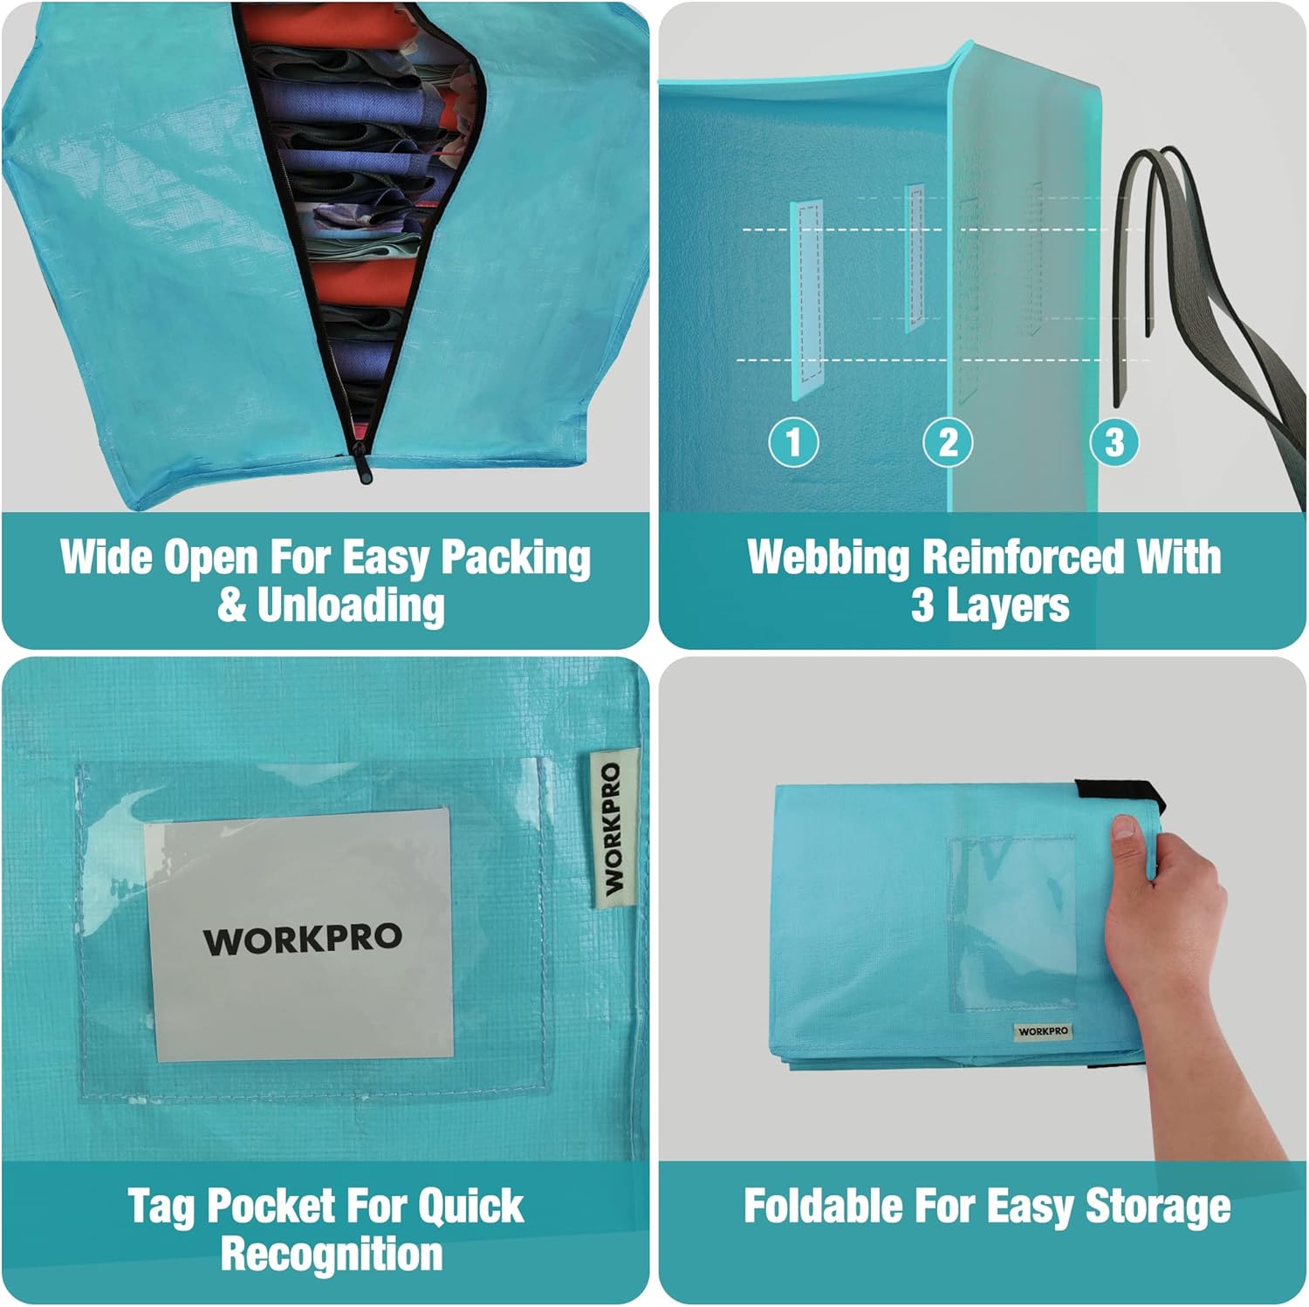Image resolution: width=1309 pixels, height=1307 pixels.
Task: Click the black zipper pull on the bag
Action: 360,461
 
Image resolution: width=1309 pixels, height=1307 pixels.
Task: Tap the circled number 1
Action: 793,441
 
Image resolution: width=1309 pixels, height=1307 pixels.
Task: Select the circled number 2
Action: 949,441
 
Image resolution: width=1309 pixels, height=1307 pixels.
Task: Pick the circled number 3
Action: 1114,441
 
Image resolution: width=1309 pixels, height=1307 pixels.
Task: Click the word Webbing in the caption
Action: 827,558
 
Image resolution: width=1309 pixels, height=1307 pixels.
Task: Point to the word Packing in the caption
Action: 516,558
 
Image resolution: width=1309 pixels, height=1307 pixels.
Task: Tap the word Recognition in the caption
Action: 332,1254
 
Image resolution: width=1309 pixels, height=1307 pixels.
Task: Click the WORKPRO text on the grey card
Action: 303,939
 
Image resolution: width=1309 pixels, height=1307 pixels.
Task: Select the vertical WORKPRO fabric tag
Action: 613,828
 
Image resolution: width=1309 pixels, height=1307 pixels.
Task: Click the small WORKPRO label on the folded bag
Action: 1043,1030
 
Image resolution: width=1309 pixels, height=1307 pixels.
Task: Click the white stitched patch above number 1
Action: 806,298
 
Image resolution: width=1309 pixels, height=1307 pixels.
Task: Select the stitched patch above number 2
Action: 915,257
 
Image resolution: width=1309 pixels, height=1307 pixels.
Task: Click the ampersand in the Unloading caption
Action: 231,605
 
